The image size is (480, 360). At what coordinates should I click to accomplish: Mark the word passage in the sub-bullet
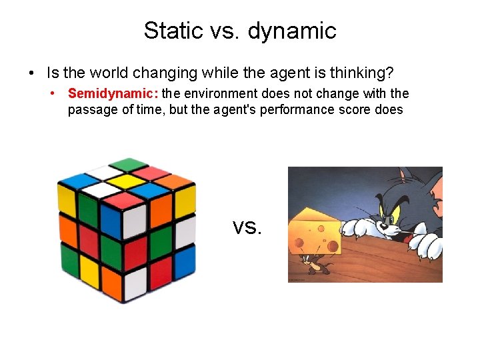[x=89, y=110]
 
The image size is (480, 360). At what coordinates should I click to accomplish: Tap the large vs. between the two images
[x=247, y=227]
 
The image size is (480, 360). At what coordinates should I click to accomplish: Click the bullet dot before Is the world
[x=31, y=72]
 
